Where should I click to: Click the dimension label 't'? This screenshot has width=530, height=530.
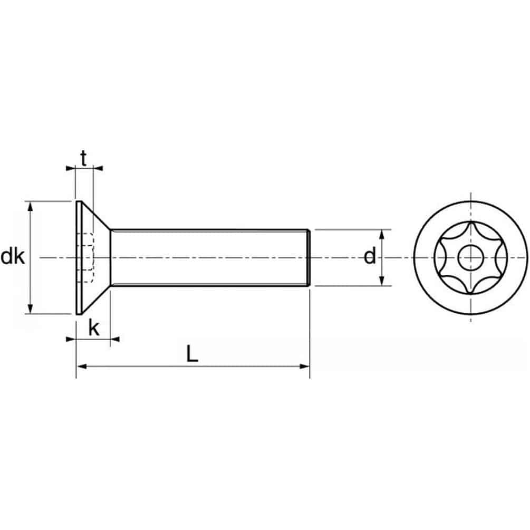84,157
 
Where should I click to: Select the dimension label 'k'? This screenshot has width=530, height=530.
94,328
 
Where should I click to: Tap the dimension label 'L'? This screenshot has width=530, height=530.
192,353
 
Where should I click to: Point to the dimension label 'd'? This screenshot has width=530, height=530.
370,257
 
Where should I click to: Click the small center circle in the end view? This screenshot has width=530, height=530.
470,258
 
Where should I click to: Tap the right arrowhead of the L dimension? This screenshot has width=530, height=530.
305,365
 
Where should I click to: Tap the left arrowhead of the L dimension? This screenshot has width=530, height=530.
81,365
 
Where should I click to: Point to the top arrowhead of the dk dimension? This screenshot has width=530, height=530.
31,205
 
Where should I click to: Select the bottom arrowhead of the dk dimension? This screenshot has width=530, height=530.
31,310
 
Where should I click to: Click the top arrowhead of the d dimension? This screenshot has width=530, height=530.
382,234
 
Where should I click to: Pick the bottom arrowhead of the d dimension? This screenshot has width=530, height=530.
382,282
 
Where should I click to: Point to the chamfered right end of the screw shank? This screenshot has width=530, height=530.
307,257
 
